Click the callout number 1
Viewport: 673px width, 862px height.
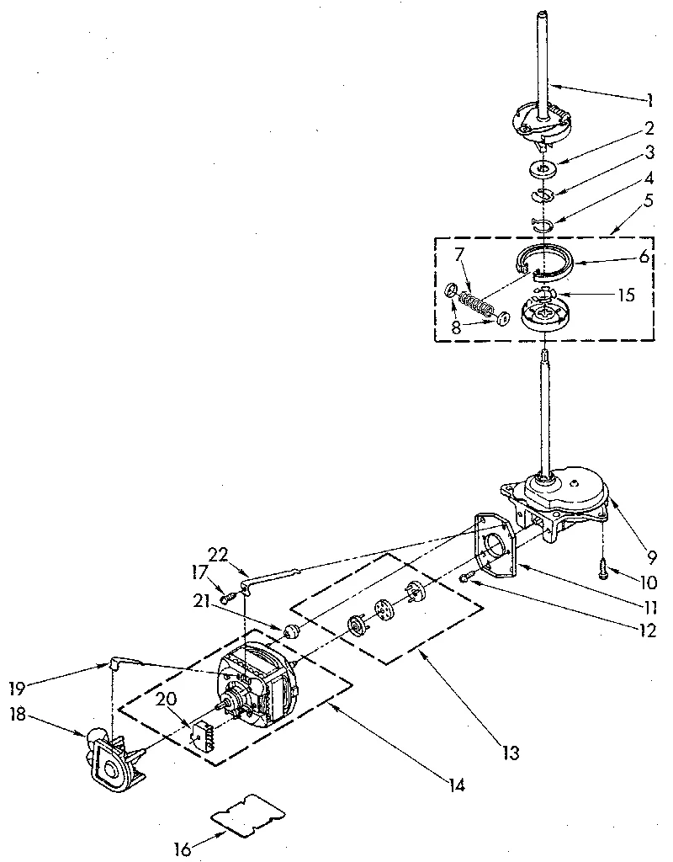click(x=649, y=100)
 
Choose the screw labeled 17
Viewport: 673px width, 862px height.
click(x=228, y=598)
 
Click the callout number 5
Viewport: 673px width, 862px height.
click(x=649, y=201)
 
